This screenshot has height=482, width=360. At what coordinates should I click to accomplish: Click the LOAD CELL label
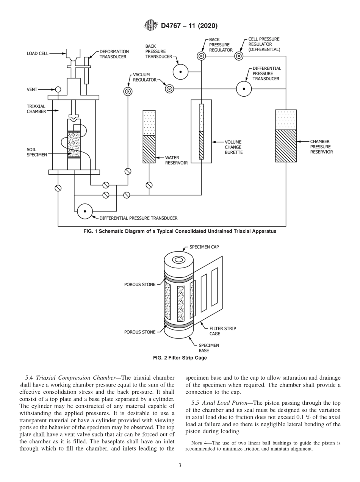[x=38, y=54]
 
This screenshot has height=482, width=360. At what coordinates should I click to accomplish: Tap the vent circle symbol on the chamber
[x=58, y=89]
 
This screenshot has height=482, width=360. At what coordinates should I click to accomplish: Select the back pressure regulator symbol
[x=201, y=56]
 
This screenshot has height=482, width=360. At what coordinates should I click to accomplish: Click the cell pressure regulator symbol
[x=238, y=56]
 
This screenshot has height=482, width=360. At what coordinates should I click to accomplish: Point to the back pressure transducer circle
[x=180, y=72]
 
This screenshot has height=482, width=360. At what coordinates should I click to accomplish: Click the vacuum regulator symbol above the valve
[x=127, y=91]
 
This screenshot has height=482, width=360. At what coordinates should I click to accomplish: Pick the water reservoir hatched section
[x=149, y=149]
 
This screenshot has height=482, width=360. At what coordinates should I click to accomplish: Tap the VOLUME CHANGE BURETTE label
[x=233, y=147]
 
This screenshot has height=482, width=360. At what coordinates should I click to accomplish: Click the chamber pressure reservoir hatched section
[x=286, y=146]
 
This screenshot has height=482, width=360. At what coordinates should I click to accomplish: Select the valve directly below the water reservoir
[x=149, y=185]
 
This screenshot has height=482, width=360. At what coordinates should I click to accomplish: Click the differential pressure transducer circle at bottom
[x=85, y=211]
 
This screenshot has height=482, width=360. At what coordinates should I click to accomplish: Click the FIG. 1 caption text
[x=180, y=231]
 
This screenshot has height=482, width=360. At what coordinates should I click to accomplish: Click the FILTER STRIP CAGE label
[x=222, y=331]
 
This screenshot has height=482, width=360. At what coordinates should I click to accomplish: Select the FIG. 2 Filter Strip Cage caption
[x=180, y=358]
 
